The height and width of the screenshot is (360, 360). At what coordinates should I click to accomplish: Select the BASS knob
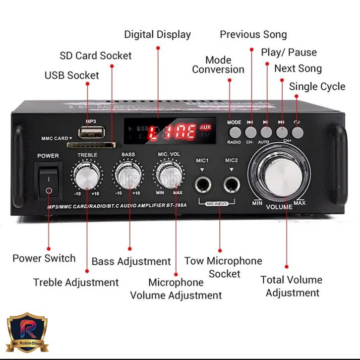[129, 175]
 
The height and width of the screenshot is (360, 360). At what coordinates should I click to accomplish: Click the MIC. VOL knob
[169, 175]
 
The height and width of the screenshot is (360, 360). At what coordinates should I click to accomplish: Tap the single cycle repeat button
[297, 132]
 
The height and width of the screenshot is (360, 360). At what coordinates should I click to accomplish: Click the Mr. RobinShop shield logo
[28, 333]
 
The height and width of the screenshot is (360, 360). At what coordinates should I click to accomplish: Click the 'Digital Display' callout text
[157, 35]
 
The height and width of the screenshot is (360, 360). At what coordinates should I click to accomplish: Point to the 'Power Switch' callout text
[44, 258]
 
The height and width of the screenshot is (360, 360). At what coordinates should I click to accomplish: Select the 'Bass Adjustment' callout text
[131, 261]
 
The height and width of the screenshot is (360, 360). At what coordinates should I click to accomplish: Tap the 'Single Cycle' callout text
[317, 86]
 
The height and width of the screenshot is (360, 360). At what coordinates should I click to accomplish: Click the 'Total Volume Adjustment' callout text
[292, 286]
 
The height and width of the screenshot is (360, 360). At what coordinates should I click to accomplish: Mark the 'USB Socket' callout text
[72, 75]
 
